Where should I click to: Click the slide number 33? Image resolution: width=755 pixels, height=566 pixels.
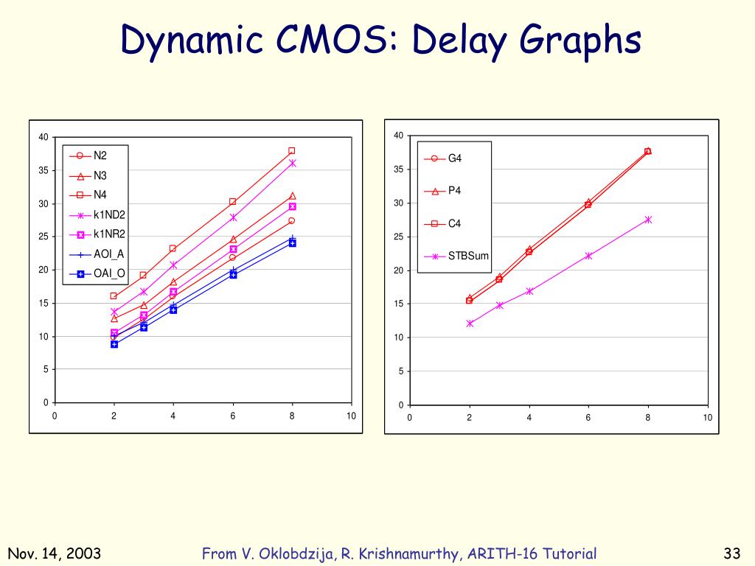tap(731, 554)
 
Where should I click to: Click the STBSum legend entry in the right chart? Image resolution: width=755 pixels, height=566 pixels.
tap(468, 256)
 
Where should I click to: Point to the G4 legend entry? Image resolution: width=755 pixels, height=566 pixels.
tap(455, 158)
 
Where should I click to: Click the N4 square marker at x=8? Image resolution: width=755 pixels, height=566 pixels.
tap(292, 151)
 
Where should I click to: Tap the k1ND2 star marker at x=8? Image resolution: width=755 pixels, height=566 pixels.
tap(293, 163)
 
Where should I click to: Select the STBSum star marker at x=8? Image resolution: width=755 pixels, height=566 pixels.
tap(649, 220)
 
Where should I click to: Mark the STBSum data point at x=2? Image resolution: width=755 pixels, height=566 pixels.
tap(470, 324)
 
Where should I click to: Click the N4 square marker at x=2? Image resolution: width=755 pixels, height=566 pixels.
tap(114, 296)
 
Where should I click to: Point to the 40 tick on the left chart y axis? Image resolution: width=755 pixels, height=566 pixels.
tap(44, 137)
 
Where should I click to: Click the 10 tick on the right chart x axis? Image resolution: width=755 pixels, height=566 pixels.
tap(708, 418)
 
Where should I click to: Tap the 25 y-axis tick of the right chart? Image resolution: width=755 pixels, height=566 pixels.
tap(398, 237)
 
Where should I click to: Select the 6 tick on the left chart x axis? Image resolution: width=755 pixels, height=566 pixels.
tap(233, 416)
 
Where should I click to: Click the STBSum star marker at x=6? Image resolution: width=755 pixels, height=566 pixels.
tap(589, 256)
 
